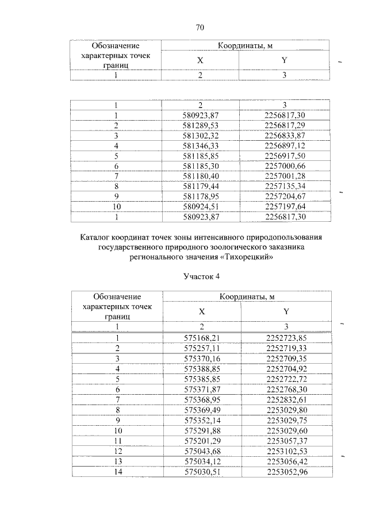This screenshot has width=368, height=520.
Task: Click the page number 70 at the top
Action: (200, 27)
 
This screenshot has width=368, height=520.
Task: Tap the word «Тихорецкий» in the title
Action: (246, 257)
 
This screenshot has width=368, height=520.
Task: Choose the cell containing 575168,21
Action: (201, 338)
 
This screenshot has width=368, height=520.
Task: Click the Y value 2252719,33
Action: (286, 348)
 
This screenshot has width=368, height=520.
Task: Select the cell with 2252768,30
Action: (286, 390)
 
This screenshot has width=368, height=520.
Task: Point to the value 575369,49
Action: (201, 410)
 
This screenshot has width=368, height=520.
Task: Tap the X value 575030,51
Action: (201, 472)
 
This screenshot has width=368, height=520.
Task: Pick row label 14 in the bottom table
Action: (117, 472)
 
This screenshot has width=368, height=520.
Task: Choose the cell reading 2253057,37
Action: (286, 441)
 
